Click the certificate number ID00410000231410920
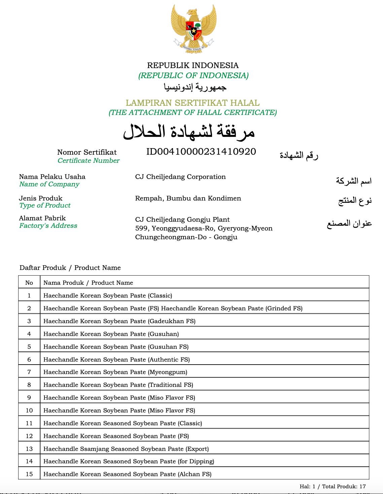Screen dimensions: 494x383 pos(201,152)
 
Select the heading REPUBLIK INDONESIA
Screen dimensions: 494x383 pos(193,65)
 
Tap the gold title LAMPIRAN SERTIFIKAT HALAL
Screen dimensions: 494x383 pos(193,103)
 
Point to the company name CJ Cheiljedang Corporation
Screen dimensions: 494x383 pos(180,177)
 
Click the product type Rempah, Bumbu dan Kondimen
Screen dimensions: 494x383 pos(188,198)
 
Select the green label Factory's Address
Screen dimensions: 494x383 pos(48,226)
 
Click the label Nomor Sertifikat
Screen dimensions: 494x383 pos(87,152)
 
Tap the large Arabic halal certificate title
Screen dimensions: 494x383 pos(189,132)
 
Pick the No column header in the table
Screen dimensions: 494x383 pos(29,283)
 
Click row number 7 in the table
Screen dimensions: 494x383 pos(29,372)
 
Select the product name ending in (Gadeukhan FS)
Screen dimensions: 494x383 pos(119,321)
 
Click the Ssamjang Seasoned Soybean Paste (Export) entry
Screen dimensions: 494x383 pos(126,449)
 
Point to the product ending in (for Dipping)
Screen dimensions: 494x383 pos(129,461)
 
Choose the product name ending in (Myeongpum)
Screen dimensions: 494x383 pos(115,372)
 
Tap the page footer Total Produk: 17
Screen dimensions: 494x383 pos(344,486)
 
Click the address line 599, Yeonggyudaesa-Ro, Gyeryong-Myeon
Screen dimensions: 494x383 pos(204,228)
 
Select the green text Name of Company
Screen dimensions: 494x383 pos(49,184)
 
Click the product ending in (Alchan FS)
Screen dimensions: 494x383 pos(128,474)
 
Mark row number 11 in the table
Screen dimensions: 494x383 pos(29,423)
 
